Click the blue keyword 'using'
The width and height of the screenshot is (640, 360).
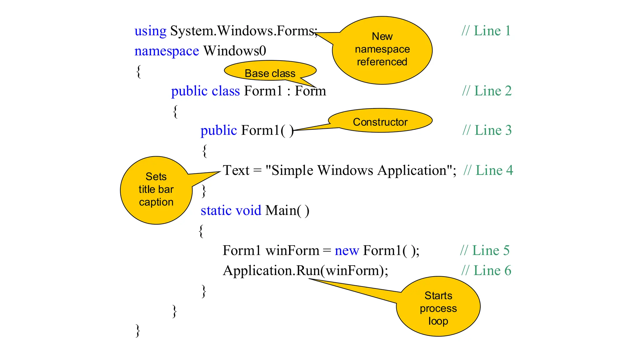point(150,31)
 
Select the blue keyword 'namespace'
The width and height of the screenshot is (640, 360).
point(167,51)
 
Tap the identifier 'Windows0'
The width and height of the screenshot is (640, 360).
point(235,51)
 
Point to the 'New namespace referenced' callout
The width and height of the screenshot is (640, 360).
point(382,50)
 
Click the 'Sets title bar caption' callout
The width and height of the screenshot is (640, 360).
point(156,190)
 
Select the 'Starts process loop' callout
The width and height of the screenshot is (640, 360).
point(438,307)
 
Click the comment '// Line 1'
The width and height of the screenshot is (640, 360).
point(486,31)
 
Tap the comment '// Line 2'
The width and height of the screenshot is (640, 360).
point(487,91)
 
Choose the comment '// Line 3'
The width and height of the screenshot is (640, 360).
point(487,130)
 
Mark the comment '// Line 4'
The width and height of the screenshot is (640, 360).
point(488,171)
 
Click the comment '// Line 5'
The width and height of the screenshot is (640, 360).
point(485,251)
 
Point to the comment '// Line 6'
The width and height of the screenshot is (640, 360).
point(486,271)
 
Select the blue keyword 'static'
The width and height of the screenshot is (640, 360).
point(216,211)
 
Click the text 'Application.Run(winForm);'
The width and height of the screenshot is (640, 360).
point(305,271)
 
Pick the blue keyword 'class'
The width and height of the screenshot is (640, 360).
point(226,91)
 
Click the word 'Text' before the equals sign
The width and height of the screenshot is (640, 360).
point(236,171)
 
